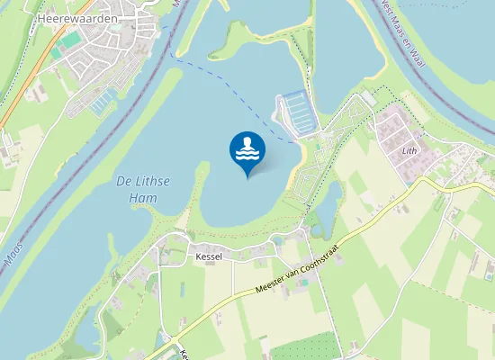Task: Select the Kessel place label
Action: pyautogui.click(x=208, y=256)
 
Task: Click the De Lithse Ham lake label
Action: pyautogui.click(x=143, y=190)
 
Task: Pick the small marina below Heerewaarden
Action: pyautogui.click(x=103, y=99)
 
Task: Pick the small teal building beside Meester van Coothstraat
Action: pyautogui.click(x=303, y=283)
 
